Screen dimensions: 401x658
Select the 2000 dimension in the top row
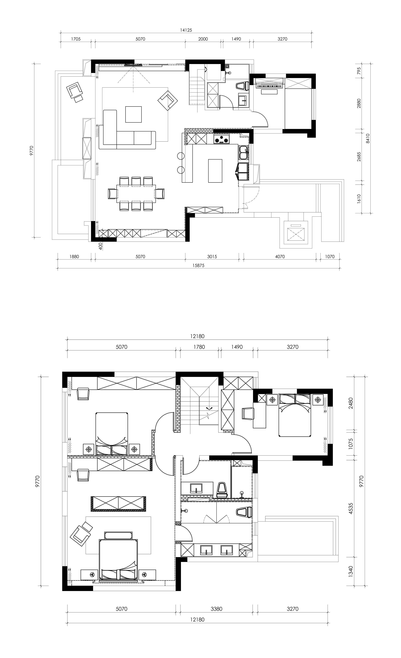click(203, 39)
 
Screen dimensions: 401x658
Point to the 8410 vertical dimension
click(368, 138)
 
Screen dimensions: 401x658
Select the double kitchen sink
click(243, 153)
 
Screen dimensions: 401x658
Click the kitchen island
click(215, 171)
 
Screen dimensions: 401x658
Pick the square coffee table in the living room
click(133, 114)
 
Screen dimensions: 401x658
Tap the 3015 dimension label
click(212, 257)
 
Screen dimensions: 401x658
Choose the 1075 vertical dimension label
click(351, 443)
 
